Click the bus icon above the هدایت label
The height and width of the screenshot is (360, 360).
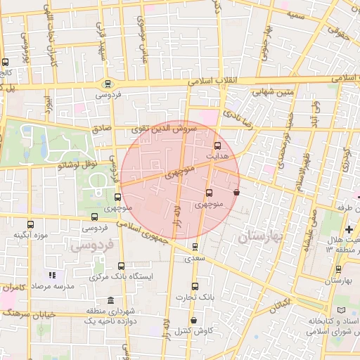tap(216, 145)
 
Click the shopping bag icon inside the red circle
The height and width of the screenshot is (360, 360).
tap(236, 191)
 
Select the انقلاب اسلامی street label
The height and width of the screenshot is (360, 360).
tap(214, 82)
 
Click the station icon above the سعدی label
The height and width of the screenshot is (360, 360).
tap(195, 247)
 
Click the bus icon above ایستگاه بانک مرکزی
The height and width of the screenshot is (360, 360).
tap(121, 266)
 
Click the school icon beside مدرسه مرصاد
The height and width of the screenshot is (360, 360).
tap(51, 276)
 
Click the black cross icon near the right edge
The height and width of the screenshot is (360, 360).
tap(349, 230)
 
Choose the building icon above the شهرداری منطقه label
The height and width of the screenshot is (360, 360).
tap(110, 300)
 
